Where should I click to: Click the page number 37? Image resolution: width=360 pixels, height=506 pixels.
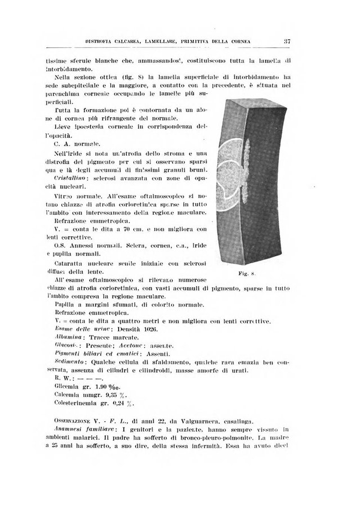point(286,40)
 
